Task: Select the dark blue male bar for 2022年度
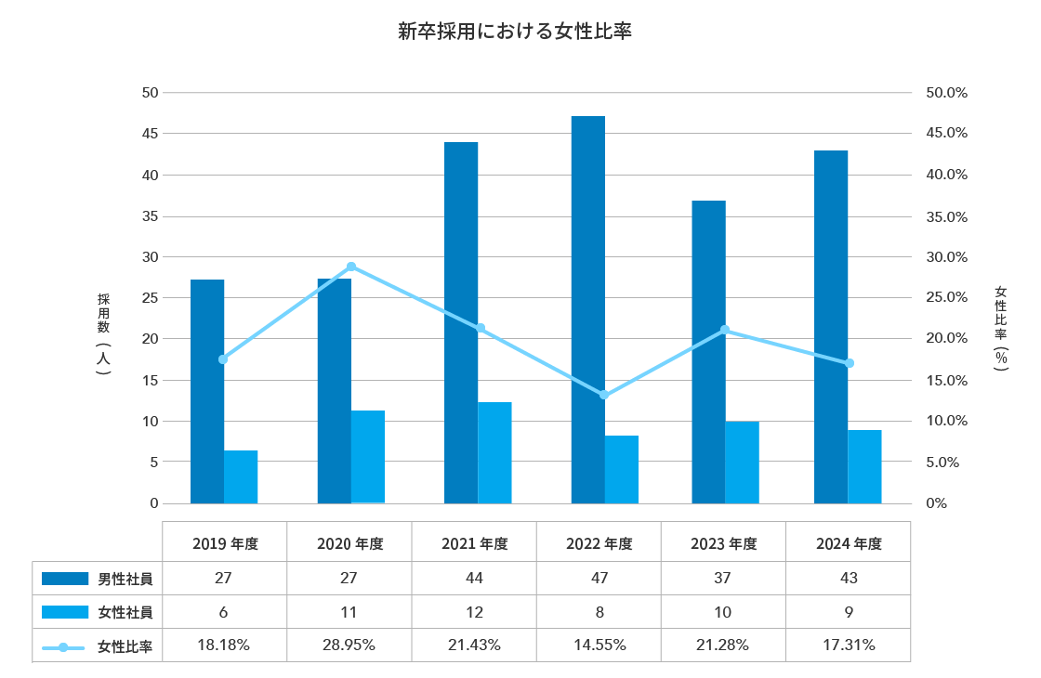[587, 309]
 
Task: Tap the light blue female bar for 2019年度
[241, 476]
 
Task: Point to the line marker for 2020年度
[350, 267]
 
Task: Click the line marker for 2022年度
[604, 395]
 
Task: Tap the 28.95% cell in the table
[349, 645]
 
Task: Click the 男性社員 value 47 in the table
[600, 578]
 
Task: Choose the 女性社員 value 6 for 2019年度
[223, 612]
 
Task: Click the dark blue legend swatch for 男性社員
[66, 579]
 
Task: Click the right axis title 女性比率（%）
[1000, 329]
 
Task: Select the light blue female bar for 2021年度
[494, 452]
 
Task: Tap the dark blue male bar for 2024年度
[831, 326]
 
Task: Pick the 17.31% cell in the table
[849, 645]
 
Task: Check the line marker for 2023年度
[725, 330]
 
